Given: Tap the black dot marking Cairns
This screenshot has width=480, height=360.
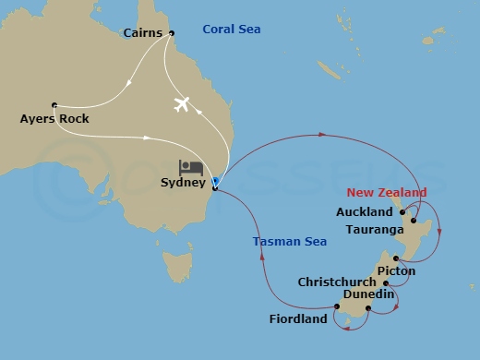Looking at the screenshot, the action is [x=171, y=33].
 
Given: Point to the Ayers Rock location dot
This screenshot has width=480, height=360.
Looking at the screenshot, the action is [x=54, y=104].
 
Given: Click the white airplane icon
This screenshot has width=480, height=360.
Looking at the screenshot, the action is [x=181, y=103].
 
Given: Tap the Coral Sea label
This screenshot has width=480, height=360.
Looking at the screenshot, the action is [x=231, y=30].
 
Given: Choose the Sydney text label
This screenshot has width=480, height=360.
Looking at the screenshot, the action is [x=183, y=183].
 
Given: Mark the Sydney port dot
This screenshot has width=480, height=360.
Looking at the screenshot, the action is [x=214, y=188].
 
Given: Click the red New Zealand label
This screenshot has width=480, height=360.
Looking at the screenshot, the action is [x=387, y=192].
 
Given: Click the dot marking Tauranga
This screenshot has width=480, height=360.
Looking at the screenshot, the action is [x=414, y=222].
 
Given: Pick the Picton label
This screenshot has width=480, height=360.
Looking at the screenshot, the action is [x=396, y=271].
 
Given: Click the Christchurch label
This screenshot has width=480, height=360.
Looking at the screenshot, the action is [x=337, y=282].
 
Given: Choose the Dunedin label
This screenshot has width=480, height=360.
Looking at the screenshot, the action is [x=368, y=294].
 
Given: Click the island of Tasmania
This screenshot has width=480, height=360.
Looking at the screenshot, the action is [x=176, y=268].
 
